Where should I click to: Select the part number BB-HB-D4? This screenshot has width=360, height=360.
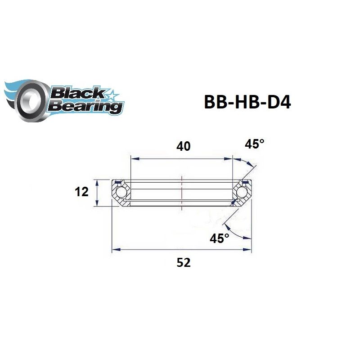point(247,102)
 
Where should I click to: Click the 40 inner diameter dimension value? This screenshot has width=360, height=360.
point(184,146)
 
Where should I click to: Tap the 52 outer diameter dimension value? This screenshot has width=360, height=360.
point(184,263)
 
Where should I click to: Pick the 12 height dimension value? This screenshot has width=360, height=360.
point(81,193)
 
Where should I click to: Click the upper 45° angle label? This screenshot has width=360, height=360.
point(254,144)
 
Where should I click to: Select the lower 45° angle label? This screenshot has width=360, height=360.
point(220,238)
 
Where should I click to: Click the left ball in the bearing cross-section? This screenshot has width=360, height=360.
point(121,193)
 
